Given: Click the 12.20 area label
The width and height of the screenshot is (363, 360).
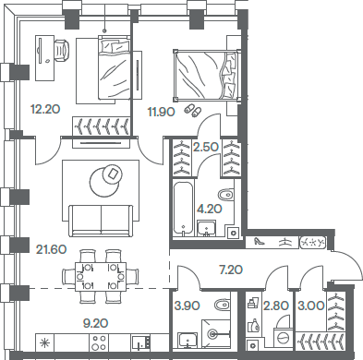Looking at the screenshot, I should pos(45,109).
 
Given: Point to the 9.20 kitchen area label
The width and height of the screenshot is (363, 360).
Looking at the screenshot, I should pos(45,324).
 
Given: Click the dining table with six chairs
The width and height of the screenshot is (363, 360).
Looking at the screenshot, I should pos(101,272).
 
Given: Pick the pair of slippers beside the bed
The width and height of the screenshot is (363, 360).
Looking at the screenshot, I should pos(191,110).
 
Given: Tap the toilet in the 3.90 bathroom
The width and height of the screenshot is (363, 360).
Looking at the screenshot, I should pos(221,306).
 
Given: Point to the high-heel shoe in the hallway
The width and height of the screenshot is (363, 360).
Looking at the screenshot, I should pos(261,241).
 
